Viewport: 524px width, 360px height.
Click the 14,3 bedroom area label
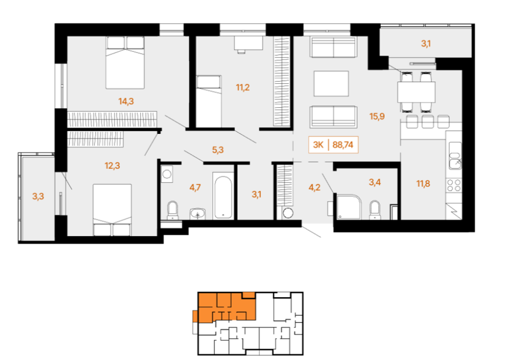tap(126, 101)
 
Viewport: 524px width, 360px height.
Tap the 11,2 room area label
tap(243, 87)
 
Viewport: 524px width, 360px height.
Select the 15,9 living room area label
tap(377, 117)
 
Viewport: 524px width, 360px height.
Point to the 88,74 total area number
tap(343, 145)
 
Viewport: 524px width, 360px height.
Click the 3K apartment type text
tap(318, 145)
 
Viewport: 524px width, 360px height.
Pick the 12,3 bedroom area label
tap(112, 165)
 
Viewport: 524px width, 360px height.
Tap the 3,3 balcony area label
tap(38, 196)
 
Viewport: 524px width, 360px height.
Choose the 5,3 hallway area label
tap(218, 150)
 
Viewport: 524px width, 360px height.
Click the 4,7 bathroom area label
tap(195, 188)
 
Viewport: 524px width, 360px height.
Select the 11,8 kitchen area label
tap(423, 183)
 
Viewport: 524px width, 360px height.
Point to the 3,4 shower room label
tap(374, 182)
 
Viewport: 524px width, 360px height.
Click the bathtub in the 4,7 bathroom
tap(223, 196)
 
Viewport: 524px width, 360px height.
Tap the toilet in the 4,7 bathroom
tap(173, 210)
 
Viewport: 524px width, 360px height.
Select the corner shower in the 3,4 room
tap(349, 207)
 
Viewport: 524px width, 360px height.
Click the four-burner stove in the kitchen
tap(454, 185)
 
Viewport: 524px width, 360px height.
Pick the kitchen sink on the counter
tap(455, 156)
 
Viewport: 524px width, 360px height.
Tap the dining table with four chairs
tap(416, 92)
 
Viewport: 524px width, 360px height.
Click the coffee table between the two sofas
tap(331, 83)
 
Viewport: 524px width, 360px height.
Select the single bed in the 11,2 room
tap(209, 101)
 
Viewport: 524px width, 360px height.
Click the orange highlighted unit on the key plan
tap(227, 306)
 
